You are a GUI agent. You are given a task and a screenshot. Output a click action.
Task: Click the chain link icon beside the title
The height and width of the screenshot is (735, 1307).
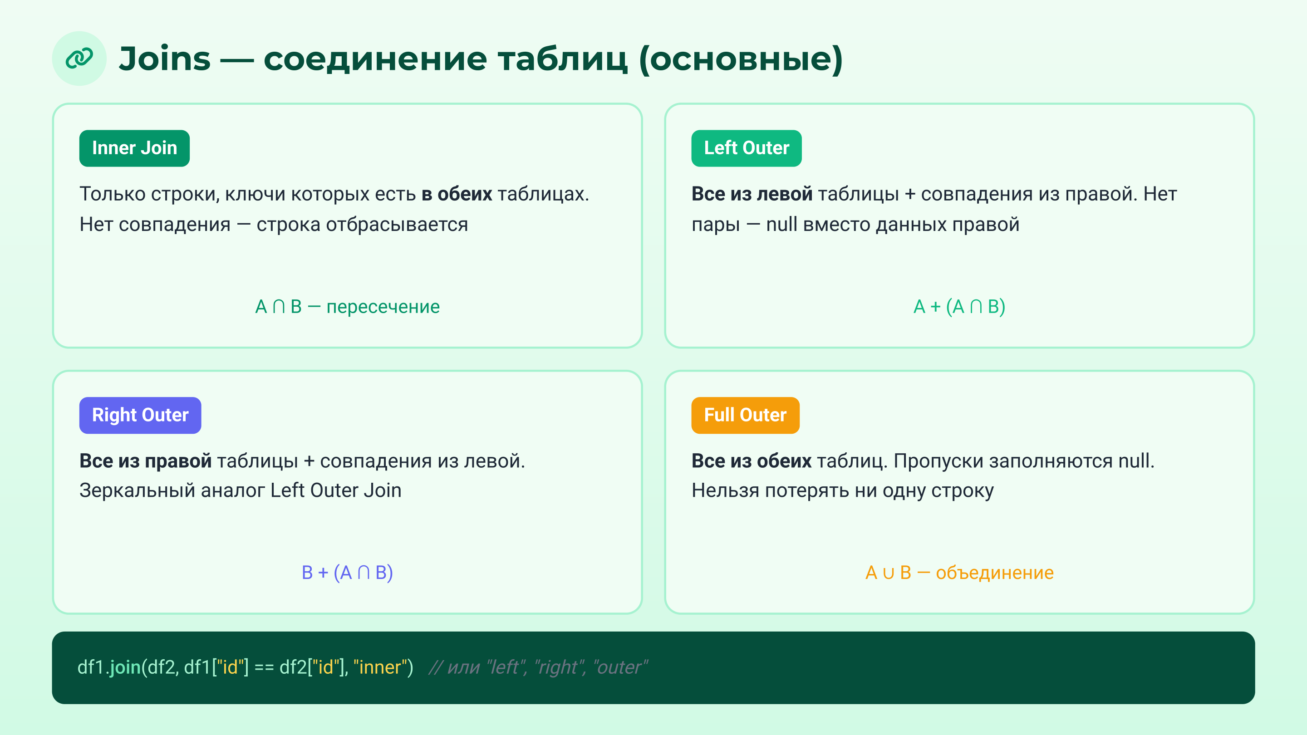79,59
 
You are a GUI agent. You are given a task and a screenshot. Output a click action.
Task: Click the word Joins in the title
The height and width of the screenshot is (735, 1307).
164,59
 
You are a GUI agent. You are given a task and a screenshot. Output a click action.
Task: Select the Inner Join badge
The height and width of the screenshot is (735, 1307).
134,148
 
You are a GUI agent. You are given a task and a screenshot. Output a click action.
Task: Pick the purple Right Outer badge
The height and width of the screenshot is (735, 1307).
140,415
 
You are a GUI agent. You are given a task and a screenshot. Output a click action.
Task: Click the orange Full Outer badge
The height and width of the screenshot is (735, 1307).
745,415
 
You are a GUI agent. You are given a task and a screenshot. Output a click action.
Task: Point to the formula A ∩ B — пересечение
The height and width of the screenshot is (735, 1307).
347,307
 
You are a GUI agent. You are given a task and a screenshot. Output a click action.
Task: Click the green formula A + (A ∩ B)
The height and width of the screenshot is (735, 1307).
959,307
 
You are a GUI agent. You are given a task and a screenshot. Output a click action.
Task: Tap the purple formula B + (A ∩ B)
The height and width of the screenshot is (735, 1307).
347,573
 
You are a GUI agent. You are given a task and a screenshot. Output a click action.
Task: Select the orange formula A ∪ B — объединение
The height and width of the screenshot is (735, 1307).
959,573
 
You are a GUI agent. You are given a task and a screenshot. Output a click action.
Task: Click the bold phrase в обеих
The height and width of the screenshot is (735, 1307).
457,194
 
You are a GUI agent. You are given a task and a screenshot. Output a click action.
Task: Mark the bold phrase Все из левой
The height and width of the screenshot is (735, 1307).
752,194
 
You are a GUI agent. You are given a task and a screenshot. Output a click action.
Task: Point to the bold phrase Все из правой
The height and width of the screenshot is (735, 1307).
145,461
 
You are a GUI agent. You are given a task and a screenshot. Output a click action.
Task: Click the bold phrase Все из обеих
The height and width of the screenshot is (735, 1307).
751,461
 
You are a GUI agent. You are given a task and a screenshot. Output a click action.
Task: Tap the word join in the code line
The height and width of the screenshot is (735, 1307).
125,667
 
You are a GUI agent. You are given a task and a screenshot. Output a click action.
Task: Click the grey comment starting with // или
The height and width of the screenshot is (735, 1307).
538,667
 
